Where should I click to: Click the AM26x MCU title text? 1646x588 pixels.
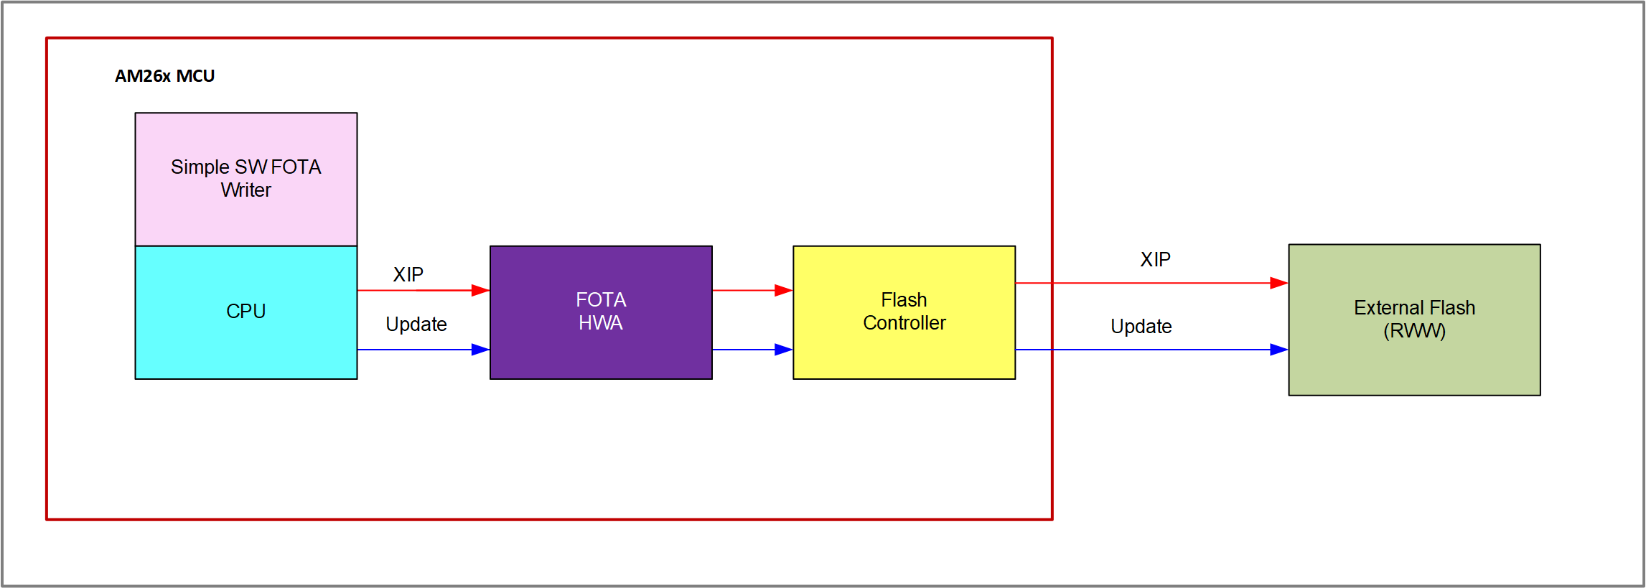164,76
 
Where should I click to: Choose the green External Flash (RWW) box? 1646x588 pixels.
1413,359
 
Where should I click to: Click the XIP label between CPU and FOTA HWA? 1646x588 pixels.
408,274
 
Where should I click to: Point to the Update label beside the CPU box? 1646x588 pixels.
416,325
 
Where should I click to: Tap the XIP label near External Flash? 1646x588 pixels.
1155,259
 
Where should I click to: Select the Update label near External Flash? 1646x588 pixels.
1141,327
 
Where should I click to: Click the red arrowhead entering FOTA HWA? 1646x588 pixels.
481,290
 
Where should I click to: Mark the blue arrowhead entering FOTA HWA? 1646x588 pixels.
481,350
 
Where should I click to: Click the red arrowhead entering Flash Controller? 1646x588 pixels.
784,290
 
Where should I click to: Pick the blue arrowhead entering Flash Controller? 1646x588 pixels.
784,350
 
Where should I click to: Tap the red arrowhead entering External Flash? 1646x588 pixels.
1279,283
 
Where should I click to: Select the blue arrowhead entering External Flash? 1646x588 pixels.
1279,350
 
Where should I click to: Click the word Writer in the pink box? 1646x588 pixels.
246,190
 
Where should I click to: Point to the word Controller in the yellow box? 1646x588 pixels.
904,323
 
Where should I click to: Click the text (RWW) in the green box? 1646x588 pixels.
1413,331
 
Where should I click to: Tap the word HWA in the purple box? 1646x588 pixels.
601,323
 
